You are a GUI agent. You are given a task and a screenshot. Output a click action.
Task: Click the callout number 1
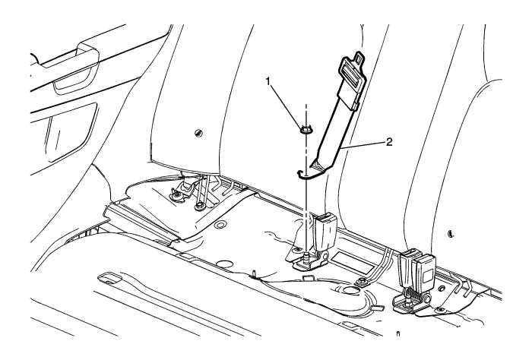(268, 81)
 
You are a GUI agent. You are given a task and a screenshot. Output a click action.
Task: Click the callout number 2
(389, 142)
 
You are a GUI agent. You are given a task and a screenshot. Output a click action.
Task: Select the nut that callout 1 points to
(307, 129)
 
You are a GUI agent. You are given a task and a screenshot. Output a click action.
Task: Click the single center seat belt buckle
(324, 232)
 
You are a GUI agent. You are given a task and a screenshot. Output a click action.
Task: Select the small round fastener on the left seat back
(199, 133)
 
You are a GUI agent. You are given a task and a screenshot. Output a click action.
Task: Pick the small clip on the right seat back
(451, 234)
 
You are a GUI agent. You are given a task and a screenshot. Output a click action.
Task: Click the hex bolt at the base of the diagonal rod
(199, 205)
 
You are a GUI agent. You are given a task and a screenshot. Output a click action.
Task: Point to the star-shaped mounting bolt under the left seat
(176, 196)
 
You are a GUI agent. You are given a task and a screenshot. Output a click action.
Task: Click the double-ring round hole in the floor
(221, 224)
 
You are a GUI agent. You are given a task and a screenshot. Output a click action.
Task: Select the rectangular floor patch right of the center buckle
(351, 262)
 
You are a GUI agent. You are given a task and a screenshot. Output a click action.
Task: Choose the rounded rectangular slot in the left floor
(109, 278)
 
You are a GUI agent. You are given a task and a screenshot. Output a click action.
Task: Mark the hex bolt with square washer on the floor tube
(362, 281)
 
